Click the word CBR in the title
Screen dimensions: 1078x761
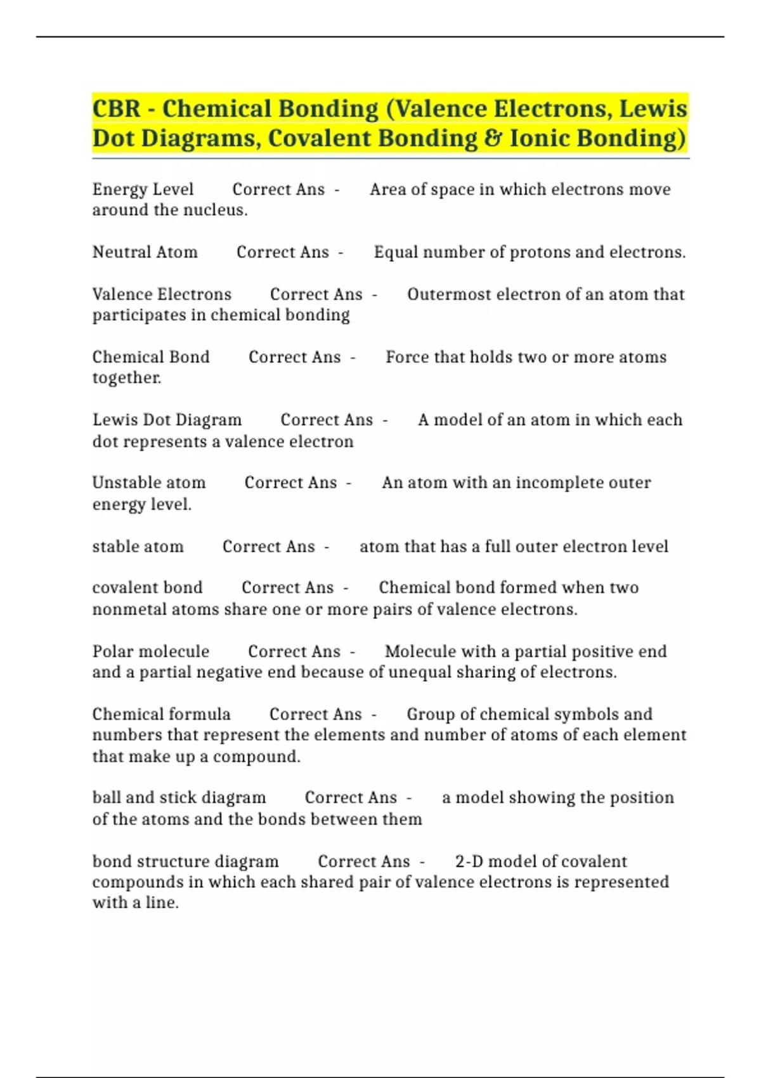(116, 109)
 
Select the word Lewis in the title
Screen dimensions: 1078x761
(653, 109)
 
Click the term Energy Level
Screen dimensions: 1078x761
(143, 190)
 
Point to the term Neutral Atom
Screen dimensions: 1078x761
(145, 252)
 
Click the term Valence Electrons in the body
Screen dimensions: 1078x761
(162, 295)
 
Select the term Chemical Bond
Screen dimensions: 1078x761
(150, 357)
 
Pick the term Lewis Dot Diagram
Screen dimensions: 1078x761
(167, 420)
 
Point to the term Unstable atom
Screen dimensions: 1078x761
(149, 483)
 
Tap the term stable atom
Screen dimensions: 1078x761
(138, 547)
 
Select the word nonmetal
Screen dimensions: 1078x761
(121, 609)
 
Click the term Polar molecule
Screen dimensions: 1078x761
(150, 651)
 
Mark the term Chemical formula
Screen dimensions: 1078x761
(161, 714)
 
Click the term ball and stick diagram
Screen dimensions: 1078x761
(179, 798)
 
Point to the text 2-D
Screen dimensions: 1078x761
(469, 861)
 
